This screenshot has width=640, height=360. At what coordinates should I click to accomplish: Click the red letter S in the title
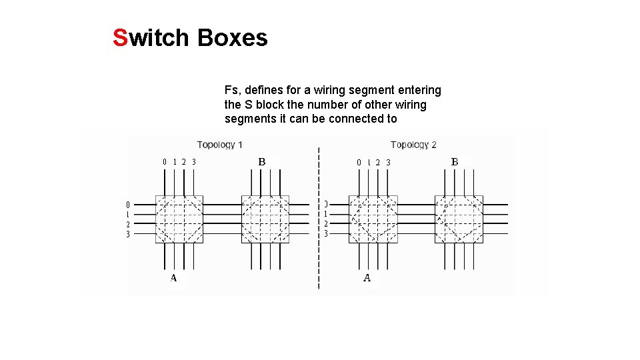point(120,38)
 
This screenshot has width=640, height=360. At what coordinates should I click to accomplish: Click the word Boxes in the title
point(233,38)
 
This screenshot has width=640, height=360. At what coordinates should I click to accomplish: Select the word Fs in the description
point(231,90)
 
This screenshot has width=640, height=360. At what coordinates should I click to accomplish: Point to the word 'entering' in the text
point(419,90)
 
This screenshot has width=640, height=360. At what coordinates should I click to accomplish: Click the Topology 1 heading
point(220,145)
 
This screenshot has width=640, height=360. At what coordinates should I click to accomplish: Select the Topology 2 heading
point(413,145)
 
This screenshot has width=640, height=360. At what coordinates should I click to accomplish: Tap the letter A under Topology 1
point(173,278)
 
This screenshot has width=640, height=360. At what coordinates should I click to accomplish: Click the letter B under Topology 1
point(262,161)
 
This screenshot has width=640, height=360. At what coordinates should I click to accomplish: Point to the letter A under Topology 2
point(367,278)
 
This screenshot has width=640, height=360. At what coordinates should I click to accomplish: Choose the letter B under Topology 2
point(455,161)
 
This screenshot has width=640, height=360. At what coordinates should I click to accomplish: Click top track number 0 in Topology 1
point(165,161)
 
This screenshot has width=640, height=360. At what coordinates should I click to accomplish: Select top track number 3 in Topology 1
point(194,161)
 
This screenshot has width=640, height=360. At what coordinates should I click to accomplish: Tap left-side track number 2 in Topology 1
point(128,225)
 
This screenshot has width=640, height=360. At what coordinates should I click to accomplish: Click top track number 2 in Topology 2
point(378,162)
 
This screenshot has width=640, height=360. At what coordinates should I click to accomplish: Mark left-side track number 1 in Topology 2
point(326,214)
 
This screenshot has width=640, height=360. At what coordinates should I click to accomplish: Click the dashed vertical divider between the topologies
point(319,220)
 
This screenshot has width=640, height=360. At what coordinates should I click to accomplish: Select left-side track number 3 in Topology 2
point(326,234)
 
